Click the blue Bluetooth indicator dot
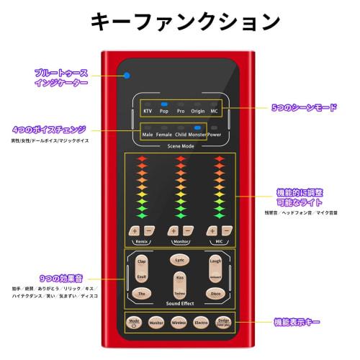pos(126,74)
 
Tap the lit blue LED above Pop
pos(164,104)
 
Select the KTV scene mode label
pos(148,112)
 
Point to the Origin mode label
pos(197,112)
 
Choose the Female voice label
pos(164,135)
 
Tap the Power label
pos(214,135)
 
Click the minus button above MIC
pos(226,230)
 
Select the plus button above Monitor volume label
pos(174,230)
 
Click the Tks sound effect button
pos(141,293)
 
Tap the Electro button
pos(201,324)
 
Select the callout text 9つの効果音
pos(54,278)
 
